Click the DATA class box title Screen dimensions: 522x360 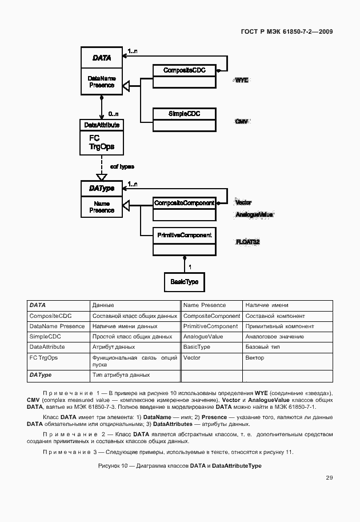pos(101,58)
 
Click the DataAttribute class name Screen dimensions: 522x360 pos(101,125)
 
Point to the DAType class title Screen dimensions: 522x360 pos(101,188)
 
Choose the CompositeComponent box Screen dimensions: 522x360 pos(184,203)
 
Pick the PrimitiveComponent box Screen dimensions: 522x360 pos(184,235)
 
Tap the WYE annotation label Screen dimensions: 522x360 pos(242,81)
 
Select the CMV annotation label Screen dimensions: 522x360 pos(242,122)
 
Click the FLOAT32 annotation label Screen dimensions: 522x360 pos(247,242)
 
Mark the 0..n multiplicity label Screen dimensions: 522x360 pos(114,114)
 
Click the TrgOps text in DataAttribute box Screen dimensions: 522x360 pos(101,146)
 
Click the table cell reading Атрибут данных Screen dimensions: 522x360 pos(114,347)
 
